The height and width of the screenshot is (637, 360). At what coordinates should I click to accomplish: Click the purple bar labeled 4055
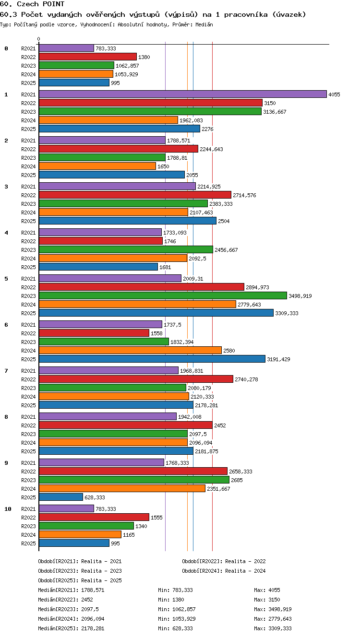(183, 94)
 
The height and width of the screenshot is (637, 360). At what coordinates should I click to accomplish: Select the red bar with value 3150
(151, 103)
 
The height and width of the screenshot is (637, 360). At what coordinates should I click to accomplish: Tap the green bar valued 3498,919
(163, 295)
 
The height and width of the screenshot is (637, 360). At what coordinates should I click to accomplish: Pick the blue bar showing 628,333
(61, 497)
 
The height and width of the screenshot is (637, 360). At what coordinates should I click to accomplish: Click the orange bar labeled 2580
(130, 350)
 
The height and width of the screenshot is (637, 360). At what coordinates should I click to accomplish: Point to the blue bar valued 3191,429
(152, 359)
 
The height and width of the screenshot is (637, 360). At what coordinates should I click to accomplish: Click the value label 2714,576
(244, 195)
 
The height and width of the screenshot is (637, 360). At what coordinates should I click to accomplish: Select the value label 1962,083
(191, 120)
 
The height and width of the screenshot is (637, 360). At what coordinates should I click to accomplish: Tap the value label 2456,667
(226, 250)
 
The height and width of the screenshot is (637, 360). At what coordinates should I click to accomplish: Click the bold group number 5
(6, 279)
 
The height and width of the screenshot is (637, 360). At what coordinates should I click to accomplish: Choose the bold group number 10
(8, 509)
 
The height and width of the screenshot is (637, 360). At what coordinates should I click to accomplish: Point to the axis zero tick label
(39, 39)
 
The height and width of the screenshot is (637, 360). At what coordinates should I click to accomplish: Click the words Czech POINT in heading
(41, 4)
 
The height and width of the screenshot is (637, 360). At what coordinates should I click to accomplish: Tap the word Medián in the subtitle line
(204, 24)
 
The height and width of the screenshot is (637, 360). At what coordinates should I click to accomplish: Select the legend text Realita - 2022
(245, 561)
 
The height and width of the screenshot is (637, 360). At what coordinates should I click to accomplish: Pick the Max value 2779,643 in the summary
(280, 618)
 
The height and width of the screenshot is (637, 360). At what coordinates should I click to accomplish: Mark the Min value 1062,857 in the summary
(184, 609)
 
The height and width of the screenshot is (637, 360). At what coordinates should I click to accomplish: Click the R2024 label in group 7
(28, 396)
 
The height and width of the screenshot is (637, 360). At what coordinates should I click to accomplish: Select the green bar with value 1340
(86, 526)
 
